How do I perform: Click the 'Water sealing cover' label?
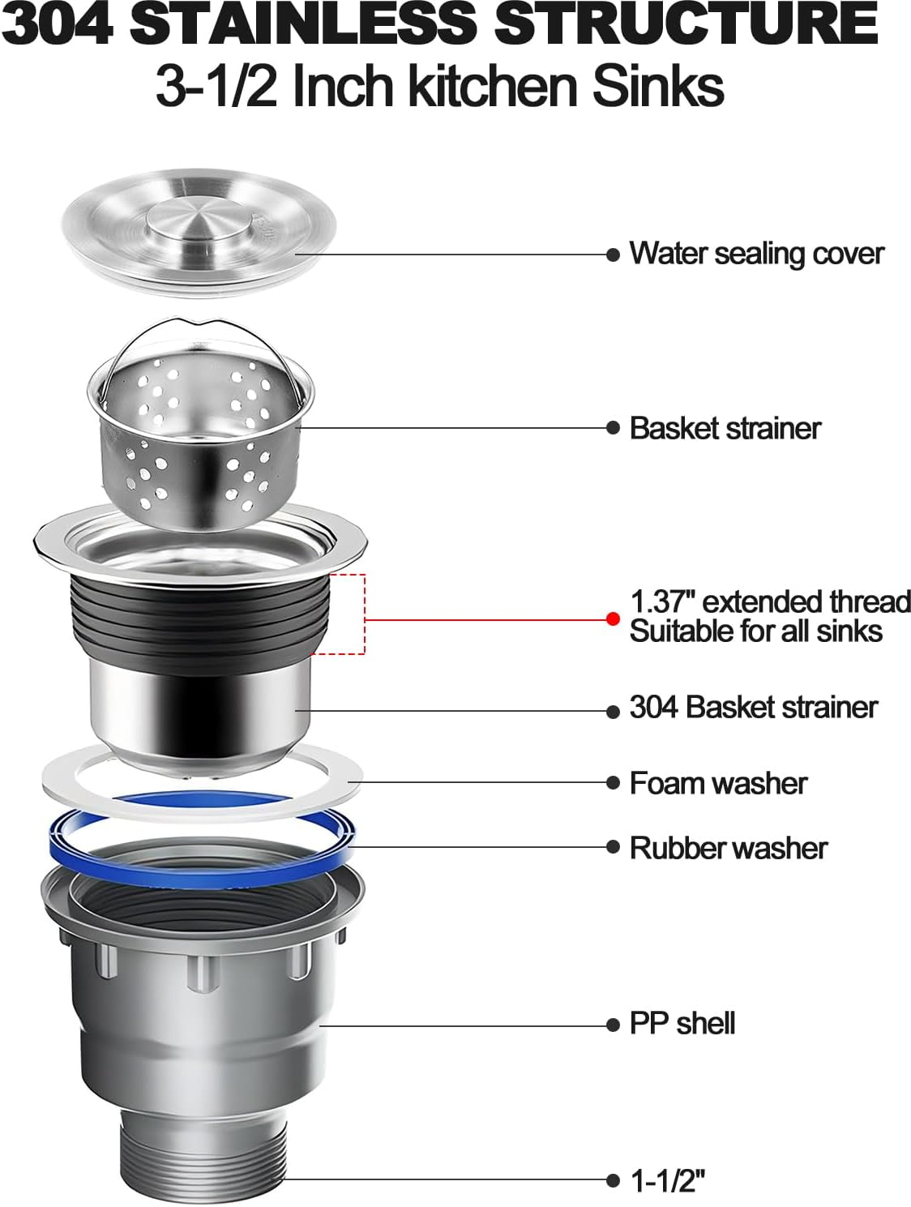pyautogui.click(x=755, y=254)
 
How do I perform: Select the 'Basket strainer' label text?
pyautogui.click(x=725, y=428)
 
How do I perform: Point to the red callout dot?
pyautogui.click(x=613, y=619)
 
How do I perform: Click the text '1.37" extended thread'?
pyautogui.click(x=770, y=601)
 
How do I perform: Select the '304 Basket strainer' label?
pyautogui.click(x=753, y=708)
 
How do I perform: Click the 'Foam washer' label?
pyautogui.click(x=718, y=783)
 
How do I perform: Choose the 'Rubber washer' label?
pyautogui.click(x=728, y=848)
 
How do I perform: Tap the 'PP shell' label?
pyautogui.click(x=682, y=1024)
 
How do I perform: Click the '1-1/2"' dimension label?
pyautogui.click(x=667, y=1181)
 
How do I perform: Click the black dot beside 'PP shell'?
pyautogui.click(x=613, y=1025)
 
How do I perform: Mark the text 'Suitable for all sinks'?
pyautogui.click(x=755, y=631)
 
